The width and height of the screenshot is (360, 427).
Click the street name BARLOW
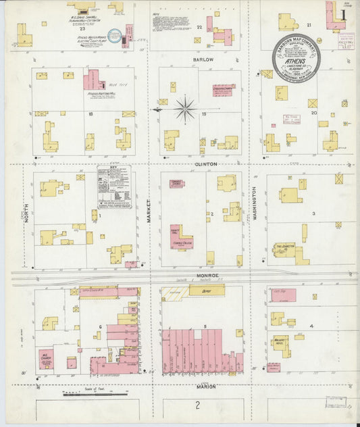point(205,59)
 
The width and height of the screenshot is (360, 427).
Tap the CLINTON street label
point(206,164)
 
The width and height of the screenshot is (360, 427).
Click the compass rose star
point(184,107)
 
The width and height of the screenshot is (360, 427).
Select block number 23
point(82,29)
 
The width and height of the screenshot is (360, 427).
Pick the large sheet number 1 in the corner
point(344,14)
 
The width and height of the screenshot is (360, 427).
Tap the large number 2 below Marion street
point(197,405)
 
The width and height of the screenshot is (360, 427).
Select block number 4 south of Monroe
point(311,326)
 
